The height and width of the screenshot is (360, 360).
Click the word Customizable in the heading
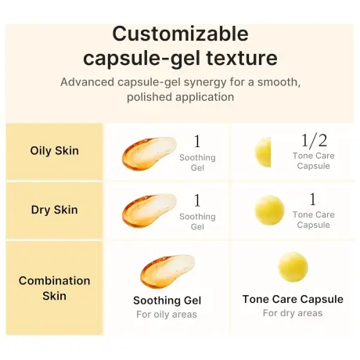[180, 34]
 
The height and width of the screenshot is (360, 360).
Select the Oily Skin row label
[54, 150]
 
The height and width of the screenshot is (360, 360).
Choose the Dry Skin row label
[54, 210]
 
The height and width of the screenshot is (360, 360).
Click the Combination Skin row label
[54, 288]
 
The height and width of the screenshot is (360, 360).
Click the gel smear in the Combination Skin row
[166, 271]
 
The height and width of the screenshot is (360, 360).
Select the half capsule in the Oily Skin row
[264, 151]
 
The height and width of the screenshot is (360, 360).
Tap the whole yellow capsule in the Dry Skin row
[270, 210]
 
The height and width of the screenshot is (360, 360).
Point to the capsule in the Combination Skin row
[293, 268]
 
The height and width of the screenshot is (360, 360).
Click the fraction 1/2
[313, 141]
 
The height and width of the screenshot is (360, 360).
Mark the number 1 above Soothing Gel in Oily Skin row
[197, 142]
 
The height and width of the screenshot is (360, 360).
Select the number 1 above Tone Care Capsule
[313, 200]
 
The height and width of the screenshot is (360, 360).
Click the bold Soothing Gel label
[167, 301]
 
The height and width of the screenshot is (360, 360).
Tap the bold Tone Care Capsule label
[293, 299]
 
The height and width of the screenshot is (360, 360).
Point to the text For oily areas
[167, 315]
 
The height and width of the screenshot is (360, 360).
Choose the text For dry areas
[293, 313]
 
